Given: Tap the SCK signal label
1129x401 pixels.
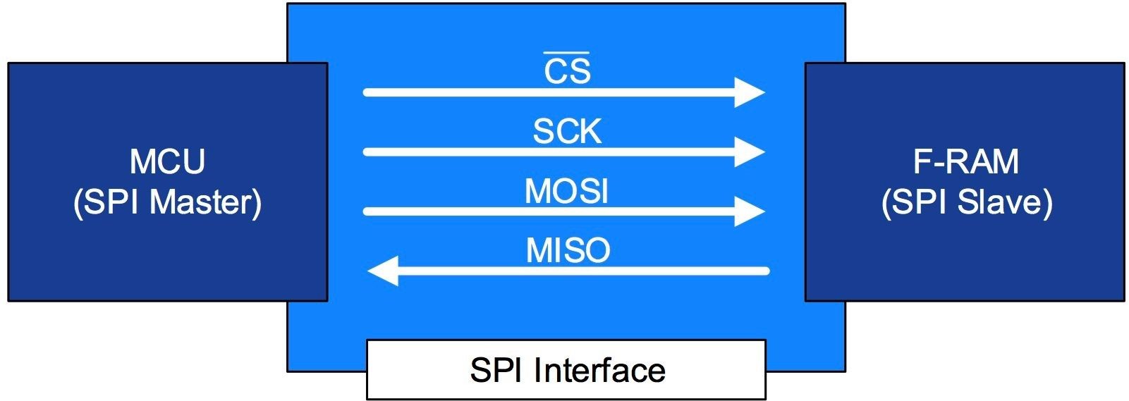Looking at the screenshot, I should coord(567,132).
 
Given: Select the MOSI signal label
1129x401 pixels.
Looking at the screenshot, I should coord(566,191).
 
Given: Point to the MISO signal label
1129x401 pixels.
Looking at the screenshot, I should coord(568,251).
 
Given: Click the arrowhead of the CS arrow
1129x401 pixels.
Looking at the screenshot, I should coord(750,92).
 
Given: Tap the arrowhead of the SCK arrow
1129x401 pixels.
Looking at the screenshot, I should coord(750,152).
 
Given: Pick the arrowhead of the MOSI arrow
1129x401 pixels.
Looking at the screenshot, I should coord(750,211).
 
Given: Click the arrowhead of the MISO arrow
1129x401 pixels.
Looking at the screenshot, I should coord(383,271).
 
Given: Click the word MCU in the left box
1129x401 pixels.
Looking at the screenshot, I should coord(167,161).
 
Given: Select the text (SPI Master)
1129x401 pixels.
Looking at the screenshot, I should coord(167,202).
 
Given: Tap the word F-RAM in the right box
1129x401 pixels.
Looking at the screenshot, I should coord(965,161).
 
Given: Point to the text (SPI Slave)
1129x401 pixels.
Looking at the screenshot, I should coord(966,202).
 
